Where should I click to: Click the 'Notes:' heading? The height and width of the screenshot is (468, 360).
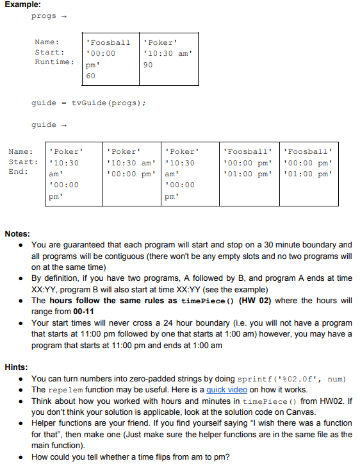[19, 234]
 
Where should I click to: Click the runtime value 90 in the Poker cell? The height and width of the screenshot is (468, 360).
[149, 65]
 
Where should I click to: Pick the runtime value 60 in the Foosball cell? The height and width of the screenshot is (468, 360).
[90, 76]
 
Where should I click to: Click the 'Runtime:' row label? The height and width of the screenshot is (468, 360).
[54, 62]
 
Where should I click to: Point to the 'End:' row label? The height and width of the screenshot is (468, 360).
[19, 172]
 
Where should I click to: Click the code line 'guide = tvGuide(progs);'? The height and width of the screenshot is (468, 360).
[88, 103]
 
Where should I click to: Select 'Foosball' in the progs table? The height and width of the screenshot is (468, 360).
[108, 43]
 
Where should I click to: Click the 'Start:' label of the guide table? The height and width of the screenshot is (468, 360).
[23, 162]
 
